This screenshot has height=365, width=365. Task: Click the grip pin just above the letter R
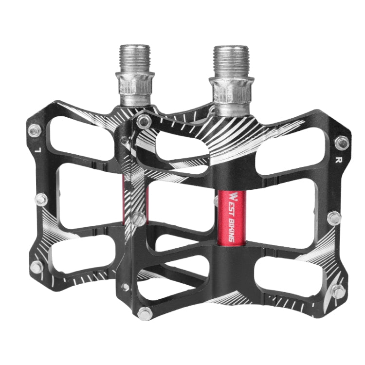click(342, 143)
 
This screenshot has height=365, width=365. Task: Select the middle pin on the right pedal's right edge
click(334, 218)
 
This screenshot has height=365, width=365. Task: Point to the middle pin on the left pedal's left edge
click(42, 199)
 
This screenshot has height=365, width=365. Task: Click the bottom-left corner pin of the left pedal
click(36, 266)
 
